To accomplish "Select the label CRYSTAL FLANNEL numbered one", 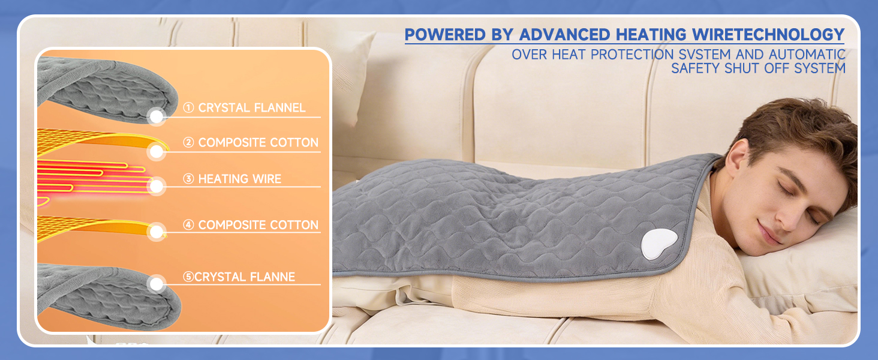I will pyautogui.click(x=245, y=108).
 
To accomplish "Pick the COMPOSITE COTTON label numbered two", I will pyautogui.click(x=251, y=143).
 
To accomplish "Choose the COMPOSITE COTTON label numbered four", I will pyautogui.click(x=251, y=225).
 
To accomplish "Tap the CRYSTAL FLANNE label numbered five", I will pyautogui.click(x=239, y=277).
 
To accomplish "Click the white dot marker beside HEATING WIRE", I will pyautogui.click(x=157, y=187).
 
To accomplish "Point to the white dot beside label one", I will pyautogui.click(x=157, y=116).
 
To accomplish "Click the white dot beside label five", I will pyautogui.click(x=157, y=284).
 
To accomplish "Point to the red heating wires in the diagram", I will pyautogui.click(x=90, y=177).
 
